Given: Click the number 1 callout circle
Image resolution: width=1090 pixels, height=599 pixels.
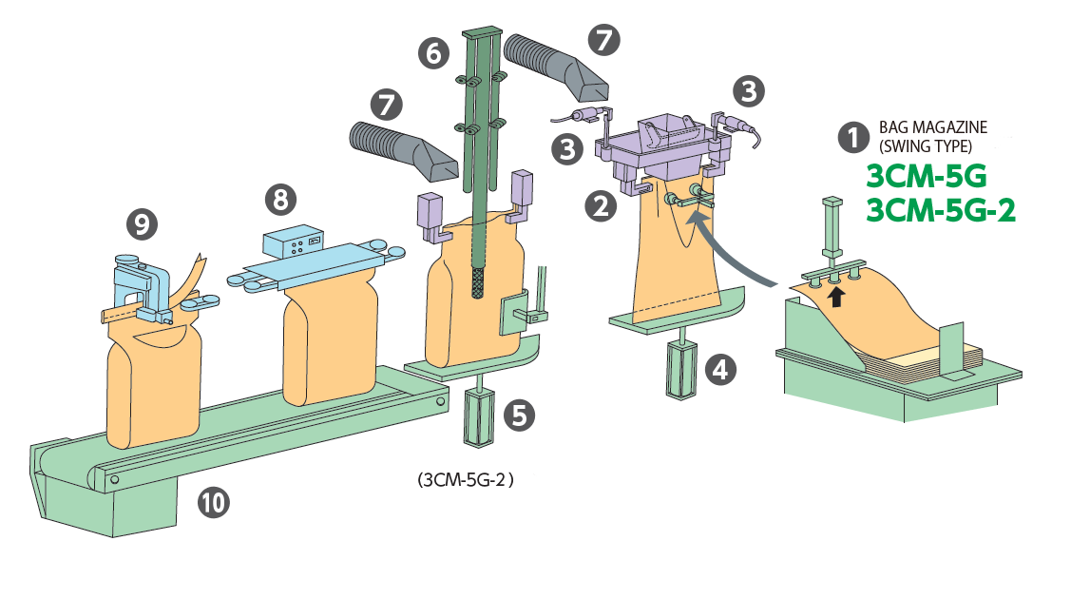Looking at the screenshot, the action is click(x=853, y=138).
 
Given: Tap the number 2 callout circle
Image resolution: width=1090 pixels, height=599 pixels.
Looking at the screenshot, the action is click(x=601, y=205).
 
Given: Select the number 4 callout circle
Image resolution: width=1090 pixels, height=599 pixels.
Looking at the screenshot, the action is click(x=721, y=369).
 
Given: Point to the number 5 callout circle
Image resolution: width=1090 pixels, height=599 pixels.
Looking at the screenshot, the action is click(x=519, y=415).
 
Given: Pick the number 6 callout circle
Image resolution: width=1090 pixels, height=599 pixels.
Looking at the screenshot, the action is click(x=433, y=53).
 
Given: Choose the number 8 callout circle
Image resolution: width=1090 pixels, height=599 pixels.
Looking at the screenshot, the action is click(x=281, y=200).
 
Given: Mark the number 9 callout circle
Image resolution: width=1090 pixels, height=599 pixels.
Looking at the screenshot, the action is click(x=142, y=224).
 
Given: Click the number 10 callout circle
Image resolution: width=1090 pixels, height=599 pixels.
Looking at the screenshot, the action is click(x=214, y=502).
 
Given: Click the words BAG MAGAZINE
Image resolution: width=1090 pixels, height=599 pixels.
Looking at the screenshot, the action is click(x=933, y=127).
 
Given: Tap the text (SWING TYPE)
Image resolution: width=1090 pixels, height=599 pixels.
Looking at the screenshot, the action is click(x=926, y=146).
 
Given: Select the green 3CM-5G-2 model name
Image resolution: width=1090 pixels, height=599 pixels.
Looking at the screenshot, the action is click(x=941, y=210).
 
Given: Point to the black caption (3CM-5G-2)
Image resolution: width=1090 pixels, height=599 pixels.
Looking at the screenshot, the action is click(x=466, y=479).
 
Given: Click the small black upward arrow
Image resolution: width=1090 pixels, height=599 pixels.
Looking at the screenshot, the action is click(x=837, y=297).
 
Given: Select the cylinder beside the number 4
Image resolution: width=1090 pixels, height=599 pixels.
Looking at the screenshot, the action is click(x=681, y=370).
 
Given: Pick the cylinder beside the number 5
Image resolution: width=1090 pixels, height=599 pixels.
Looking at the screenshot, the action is click(x=479, y=417).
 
